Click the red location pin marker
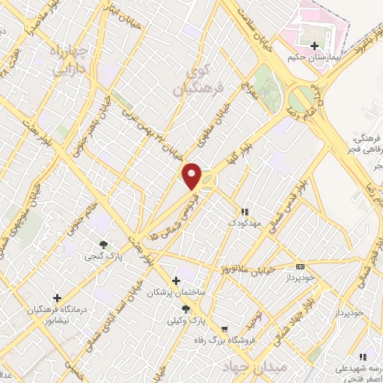[193, 176]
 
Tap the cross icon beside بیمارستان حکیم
[302, 46]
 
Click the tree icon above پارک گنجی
[103, 244]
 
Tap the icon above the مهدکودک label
[245, 212]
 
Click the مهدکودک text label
[245, 222]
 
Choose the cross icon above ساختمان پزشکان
[176, 281]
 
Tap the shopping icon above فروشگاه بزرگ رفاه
[224, 328]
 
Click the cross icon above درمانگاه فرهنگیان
[57, 298]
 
